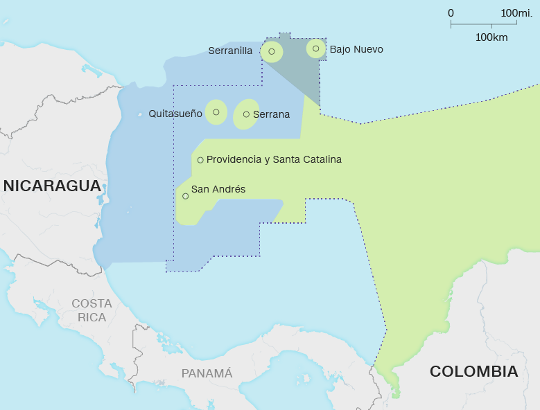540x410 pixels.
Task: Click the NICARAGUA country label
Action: click(52, 186)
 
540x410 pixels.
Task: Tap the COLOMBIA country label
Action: click(473, 371)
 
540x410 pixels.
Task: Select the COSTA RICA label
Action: click(92, 310)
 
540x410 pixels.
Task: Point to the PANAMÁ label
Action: click(207, 373)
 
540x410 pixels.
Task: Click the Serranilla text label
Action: click(230, 51)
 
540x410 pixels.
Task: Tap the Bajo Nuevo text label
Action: click(356, 49)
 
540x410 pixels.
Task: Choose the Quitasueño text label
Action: click(175, 113)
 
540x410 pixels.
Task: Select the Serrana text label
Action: click(271, 114)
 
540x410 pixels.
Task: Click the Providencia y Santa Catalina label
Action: click(274, 159)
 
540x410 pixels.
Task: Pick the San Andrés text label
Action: click(218, 188)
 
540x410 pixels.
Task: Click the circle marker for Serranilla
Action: click(272, 51)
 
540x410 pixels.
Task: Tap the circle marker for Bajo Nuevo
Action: click(316, 48)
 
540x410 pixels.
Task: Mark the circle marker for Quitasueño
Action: click(216, 112)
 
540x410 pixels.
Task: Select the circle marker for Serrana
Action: click(246, 114)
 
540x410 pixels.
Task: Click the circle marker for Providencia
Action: click(200, 160)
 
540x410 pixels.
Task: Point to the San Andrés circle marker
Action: click(185, 196)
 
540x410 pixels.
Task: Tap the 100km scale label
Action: click(491, 37)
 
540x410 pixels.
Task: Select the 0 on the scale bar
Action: click(451, 12)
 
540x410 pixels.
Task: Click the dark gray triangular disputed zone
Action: click(299, 69)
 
